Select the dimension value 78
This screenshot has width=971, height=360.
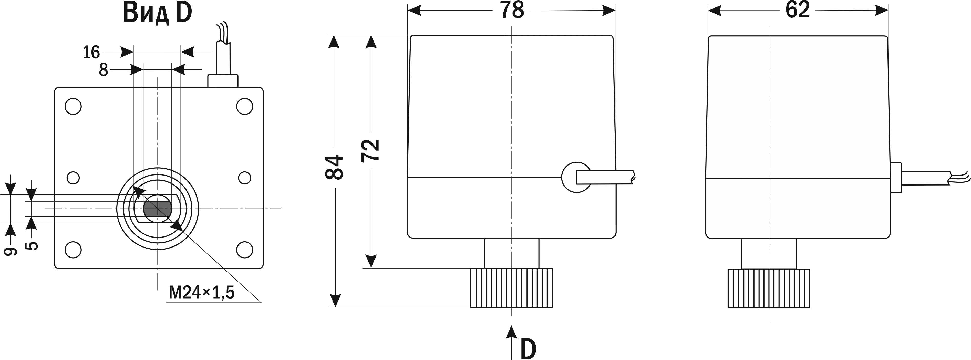(x=512, y=10)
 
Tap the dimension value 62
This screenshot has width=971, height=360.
(x=798, y=10)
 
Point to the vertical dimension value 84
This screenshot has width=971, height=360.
(x=334, y=167)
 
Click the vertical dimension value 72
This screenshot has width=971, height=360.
(x=370, y=151)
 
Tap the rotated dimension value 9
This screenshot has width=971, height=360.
(x=11, y=251)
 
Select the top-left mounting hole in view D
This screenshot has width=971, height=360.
(x=73, y=107)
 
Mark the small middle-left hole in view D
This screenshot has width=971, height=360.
(x=73, y=178)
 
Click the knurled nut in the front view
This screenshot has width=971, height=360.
(x=512, y=288)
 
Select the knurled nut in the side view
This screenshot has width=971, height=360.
(x=769, y=288)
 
